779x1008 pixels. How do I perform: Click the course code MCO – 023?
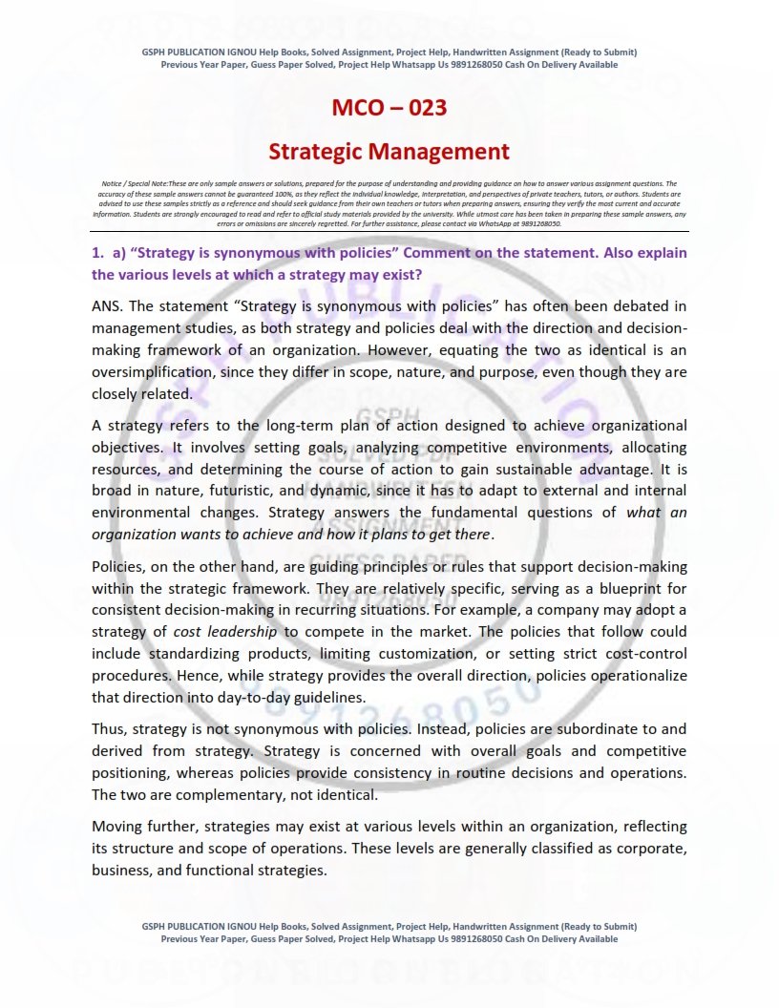(x=389, y=107)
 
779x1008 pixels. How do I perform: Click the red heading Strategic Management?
(x=389, y=152)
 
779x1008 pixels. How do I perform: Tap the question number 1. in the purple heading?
(x=97, y=255)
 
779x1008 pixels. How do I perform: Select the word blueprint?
(x=623, y=588)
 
